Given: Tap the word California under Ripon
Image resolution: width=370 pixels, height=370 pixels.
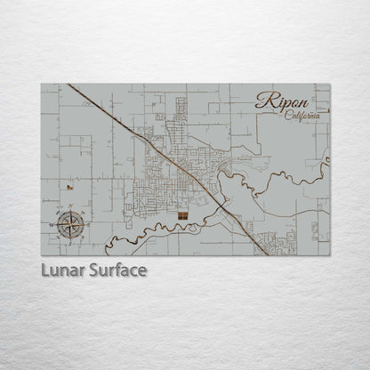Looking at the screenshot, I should pos(304,117).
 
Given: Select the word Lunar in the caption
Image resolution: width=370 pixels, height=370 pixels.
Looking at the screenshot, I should pos(61,269).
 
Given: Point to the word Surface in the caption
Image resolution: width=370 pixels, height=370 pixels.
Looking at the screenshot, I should pos(116,269).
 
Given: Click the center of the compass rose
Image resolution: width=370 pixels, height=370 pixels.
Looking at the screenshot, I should pos(73,226).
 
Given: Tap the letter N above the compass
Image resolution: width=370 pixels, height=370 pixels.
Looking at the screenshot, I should pos(73,207).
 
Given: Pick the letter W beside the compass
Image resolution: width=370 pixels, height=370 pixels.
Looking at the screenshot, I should pos(55,226).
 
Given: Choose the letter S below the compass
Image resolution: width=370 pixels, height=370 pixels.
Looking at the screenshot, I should pos(73,244).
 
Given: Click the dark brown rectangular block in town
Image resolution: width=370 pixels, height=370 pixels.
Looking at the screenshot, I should pos(181,216).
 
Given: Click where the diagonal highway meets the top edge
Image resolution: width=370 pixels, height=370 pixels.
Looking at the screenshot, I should pos(68,85).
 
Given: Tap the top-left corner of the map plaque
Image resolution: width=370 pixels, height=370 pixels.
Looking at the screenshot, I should pos(41,84).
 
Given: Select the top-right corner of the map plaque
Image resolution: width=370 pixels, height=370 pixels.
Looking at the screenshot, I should pos(330,84).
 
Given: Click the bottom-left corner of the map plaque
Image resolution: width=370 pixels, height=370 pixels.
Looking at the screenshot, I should pos(41,255).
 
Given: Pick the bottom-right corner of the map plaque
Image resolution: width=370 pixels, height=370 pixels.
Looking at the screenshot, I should pos(330,255).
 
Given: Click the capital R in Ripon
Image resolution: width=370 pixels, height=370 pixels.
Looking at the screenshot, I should pos(263,100).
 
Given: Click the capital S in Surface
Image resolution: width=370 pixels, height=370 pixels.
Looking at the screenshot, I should pos(90,269).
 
